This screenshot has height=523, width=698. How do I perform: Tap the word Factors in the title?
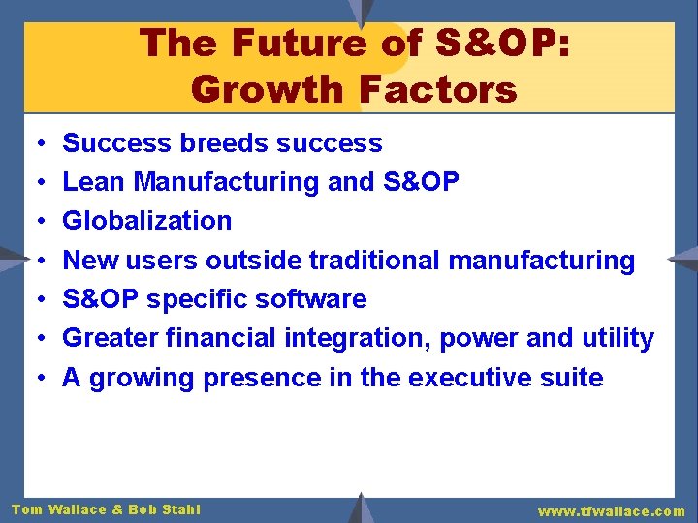point(437,89)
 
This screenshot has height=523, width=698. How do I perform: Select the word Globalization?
point(146,221)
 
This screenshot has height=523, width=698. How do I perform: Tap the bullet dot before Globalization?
point(35,221)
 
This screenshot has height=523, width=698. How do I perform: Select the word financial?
point(219,338)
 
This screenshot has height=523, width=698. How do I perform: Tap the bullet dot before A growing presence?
point(35,377)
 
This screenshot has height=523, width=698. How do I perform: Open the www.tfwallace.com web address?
point(611,510)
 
